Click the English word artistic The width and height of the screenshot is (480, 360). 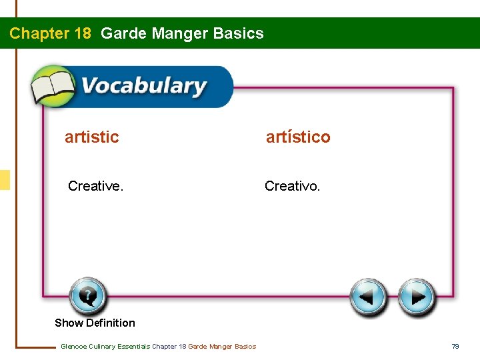click(x=91, y=137)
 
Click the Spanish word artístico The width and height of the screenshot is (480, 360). click(x=298, y=137)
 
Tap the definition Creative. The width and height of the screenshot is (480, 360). click(x=95, y=186)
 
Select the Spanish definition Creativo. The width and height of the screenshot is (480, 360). click(x=292, y=186)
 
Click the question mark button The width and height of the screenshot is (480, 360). click(x=87, y=295)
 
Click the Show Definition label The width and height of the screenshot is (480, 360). click(x=95, y=323)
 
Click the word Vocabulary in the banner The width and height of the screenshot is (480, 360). click(x=143, y=86)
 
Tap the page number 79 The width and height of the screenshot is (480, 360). click(x=455, y=346)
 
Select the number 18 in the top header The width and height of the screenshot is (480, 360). click(x=83, y=33)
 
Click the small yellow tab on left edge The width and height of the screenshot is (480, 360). click(x=5, y=180)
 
